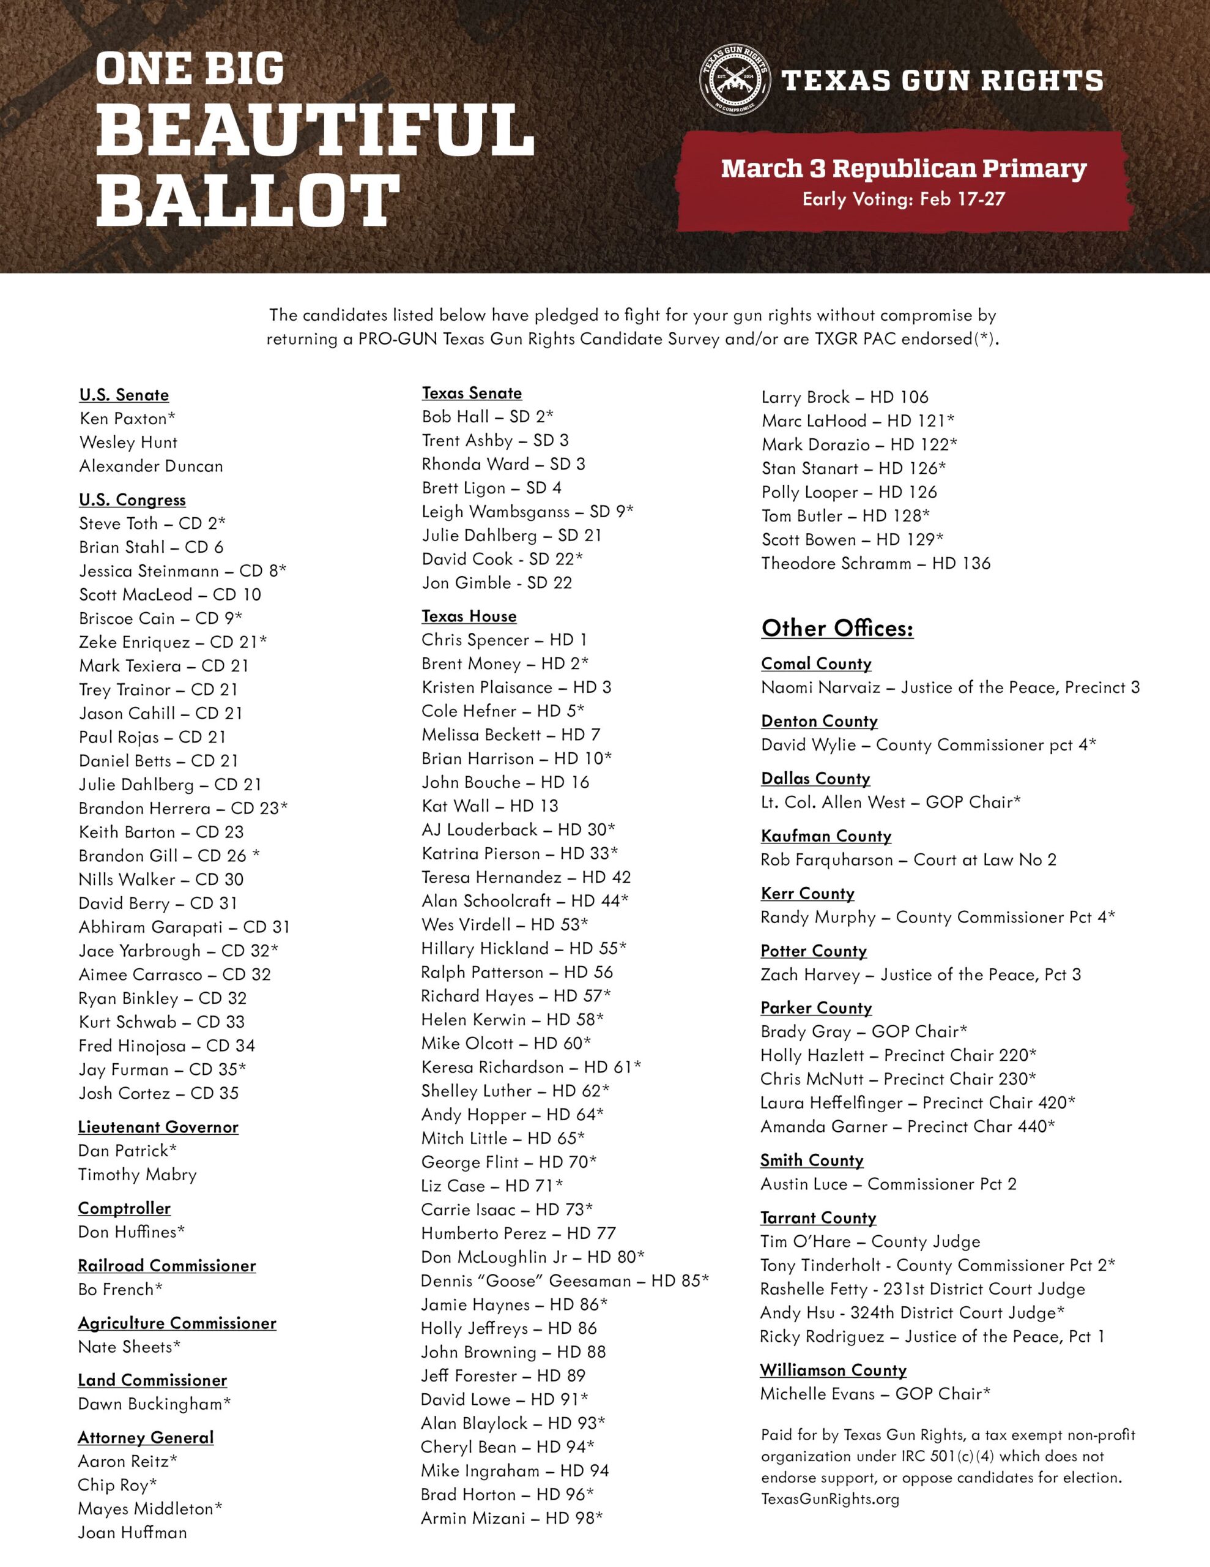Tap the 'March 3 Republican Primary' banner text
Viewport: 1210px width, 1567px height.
[903, 168]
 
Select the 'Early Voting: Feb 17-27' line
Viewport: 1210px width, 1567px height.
[903, 199]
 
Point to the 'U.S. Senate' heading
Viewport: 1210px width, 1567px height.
[124, 395]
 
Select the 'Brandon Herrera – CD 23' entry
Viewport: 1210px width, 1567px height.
[183, 808]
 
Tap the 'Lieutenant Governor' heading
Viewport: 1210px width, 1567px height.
[158, 1126]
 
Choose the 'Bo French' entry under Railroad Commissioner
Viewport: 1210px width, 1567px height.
[120, 1288]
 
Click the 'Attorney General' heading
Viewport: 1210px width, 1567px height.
[146, 1437]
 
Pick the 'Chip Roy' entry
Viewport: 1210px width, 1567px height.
[117, 1484]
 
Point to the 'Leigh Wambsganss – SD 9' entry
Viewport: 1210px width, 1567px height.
[527, 511]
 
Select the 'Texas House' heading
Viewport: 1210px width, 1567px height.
[469, 616]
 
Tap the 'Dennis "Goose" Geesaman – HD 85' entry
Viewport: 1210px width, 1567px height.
[565, 1280]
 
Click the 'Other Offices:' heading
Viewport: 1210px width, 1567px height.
[837, 628]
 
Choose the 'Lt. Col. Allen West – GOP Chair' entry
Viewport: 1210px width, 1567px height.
[890, 801]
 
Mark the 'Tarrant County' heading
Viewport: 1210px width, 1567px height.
[818, 1217]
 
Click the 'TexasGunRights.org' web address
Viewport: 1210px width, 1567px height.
[830, 1499]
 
